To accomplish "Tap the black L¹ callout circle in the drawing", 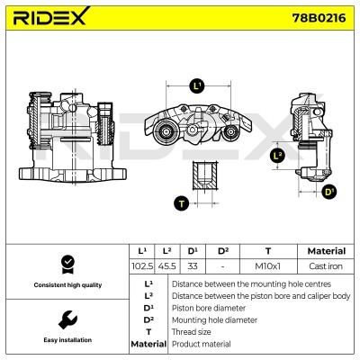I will (198, 86).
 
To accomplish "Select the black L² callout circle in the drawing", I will (277, 157).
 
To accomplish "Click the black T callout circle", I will (181, 203).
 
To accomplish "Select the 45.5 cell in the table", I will (167, 266).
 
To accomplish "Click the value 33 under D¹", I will (193, 266).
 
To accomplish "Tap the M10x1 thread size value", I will (267, 266).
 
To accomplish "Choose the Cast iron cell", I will (326, 266).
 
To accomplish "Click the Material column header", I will (326, 251).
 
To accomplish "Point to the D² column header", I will (223, 251).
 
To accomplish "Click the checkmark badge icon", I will (66, 264).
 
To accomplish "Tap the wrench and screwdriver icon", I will (66, 319).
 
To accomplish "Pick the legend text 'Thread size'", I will (193, 331).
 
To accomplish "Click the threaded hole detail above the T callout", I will (202, 173).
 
